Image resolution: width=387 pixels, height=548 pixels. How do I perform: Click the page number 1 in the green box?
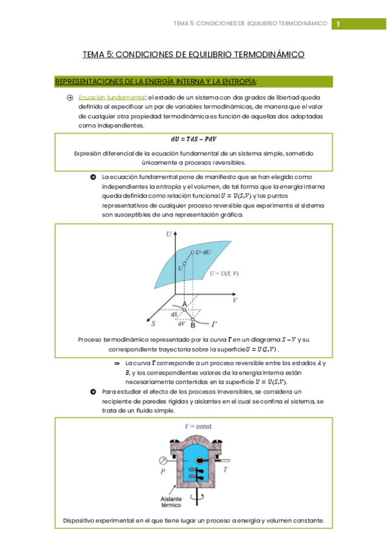coord(338,24)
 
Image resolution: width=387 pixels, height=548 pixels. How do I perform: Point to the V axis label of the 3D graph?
coord(236,300)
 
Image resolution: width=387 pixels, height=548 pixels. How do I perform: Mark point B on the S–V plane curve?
coord(193,324)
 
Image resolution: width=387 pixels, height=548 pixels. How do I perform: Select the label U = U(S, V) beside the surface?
coord(224,274)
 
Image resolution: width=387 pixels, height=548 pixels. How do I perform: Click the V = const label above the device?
coord(198,427)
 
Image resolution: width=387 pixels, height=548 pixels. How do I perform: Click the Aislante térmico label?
coord(169,503)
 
